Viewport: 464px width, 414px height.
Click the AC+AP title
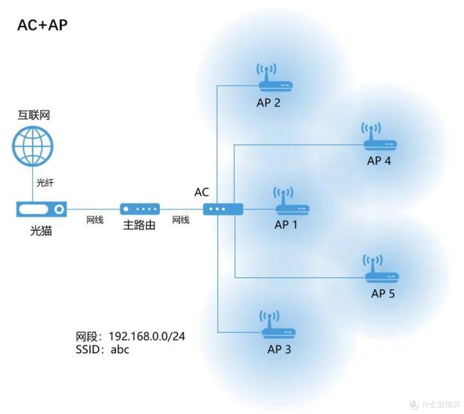(x=42, y=25)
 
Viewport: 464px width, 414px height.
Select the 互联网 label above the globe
(x=34, y=115)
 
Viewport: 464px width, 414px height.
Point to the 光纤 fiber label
(x=45, y=183)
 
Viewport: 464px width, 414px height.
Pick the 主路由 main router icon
(x=140, y=209)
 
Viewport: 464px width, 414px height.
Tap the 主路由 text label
(x=139, y=225)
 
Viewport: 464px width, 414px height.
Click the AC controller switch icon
(x=223, y=209)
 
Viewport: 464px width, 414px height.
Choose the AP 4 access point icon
(x=379, y=138)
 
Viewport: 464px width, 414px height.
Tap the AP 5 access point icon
(x=382, y=271)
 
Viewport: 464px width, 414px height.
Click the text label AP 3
(x=279, y=349)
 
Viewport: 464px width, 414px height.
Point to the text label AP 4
(x=379, y=161)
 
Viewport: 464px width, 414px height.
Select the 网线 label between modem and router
(x=95, y=221)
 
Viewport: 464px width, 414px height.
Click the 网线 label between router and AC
(x=181, y=221)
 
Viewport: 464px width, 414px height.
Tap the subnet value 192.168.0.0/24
(x=147, y=336)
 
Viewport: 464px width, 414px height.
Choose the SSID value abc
(x=120, y=349)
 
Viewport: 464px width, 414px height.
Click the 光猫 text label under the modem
(x=41, y=231)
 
